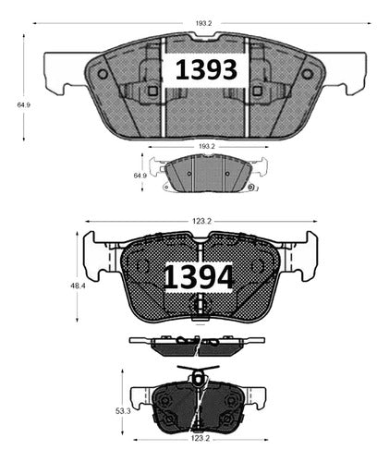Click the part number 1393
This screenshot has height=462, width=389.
(x=206, y=70)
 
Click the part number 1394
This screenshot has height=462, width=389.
(x=198, y=276)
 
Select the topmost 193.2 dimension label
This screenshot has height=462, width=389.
(x=203, y=23)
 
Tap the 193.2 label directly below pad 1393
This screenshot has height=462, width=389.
(x=206, y=147)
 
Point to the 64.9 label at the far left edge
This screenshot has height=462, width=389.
(x=23, y=105)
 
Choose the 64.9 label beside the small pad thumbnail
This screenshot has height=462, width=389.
(x=140, y=176)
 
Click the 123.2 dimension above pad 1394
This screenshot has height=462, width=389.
(x=201, y=221)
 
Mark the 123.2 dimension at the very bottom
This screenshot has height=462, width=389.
(x=201, y=438)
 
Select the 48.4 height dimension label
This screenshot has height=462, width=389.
(x=77, y=286)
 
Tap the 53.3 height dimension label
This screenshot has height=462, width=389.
(x=123, y=411)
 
